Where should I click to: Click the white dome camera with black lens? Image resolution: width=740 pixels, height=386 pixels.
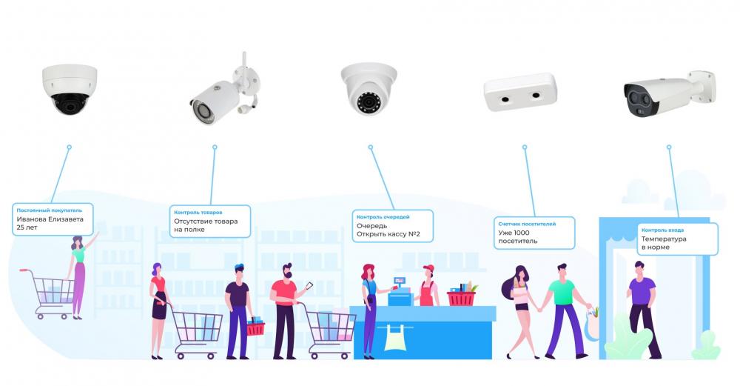[70, 90]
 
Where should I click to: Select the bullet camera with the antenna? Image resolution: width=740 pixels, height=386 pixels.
[226, 93]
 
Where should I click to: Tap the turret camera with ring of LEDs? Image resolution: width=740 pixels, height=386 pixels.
[369, 89]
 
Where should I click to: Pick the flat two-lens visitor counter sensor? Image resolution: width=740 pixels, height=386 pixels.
[520, 92]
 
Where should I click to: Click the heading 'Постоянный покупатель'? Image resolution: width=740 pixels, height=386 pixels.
[49, 210]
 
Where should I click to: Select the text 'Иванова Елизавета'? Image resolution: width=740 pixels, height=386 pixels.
[50, 219]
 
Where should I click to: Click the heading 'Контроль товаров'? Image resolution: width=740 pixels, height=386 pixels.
[198, 213]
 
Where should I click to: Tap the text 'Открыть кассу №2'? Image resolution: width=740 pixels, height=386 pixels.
[388, 234]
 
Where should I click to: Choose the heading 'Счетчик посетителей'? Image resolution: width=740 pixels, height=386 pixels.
[527, 224]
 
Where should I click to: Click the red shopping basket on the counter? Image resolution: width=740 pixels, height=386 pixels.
[462, 296]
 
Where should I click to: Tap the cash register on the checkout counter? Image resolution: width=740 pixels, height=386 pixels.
[400, 293]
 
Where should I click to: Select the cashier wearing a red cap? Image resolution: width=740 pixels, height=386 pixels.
[428, 286]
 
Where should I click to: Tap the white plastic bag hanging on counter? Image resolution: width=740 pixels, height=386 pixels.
[395, 337]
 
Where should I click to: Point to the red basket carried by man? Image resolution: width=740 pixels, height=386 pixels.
[256, 327]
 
